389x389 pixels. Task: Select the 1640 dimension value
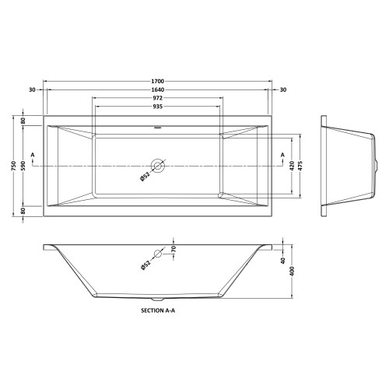tap(158, 89)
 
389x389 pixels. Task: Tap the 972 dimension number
tap(158, 99)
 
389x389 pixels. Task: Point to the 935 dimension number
tap(158, 108)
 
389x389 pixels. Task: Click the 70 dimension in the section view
tap(173, 250)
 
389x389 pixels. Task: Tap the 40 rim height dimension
tap(284, 261)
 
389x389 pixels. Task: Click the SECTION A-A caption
tap(158, 310)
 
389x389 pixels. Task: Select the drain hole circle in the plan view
tap(159, 166)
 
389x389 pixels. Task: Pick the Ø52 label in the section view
tap(145, 265)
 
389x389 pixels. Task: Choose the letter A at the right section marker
tap(282, 155)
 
